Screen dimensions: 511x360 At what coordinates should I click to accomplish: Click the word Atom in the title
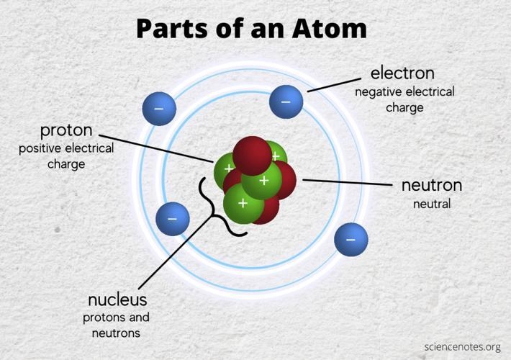tap(329, 28)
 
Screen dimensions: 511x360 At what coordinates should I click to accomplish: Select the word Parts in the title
tap(172, 28)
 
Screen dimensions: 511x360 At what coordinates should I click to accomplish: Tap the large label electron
tap(402, 73)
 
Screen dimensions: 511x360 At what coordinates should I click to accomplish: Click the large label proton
tap(66, 131)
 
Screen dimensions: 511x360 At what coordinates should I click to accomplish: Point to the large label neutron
tap(432, 185)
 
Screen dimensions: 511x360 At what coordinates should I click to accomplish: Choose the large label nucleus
tap(117, 300)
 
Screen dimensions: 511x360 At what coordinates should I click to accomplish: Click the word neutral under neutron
tap(432, 204)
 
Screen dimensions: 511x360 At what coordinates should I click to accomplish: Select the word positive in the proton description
tap(40, 149)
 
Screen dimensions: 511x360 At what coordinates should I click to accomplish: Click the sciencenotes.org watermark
tap(463, 347)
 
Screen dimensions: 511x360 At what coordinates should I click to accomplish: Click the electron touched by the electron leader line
tap(286, 102)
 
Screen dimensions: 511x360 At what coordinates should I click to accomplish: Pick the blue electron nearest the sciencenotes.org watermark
tap(351, 239)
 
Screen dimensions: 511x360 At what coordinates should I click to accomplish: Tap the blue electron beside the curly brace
tap(173, 219)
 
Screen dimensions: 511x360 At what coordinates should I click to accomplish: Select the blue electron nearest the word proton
tap(159, 109)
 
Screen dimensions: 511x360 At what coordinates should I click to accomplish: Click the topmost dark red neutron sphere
tap(252, 156)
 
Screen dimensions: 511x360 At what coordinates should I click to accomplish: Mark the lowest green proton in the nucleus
tap(243, 204)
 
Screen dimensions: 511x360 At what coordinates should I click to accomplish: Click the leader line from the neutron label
tap(348, 182)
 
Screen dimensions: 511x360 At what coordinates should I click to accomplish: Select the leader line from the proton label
tap(156, 148)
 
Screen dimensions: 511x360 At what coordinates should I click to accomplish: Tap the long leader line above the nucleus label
tap(176, 253)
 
